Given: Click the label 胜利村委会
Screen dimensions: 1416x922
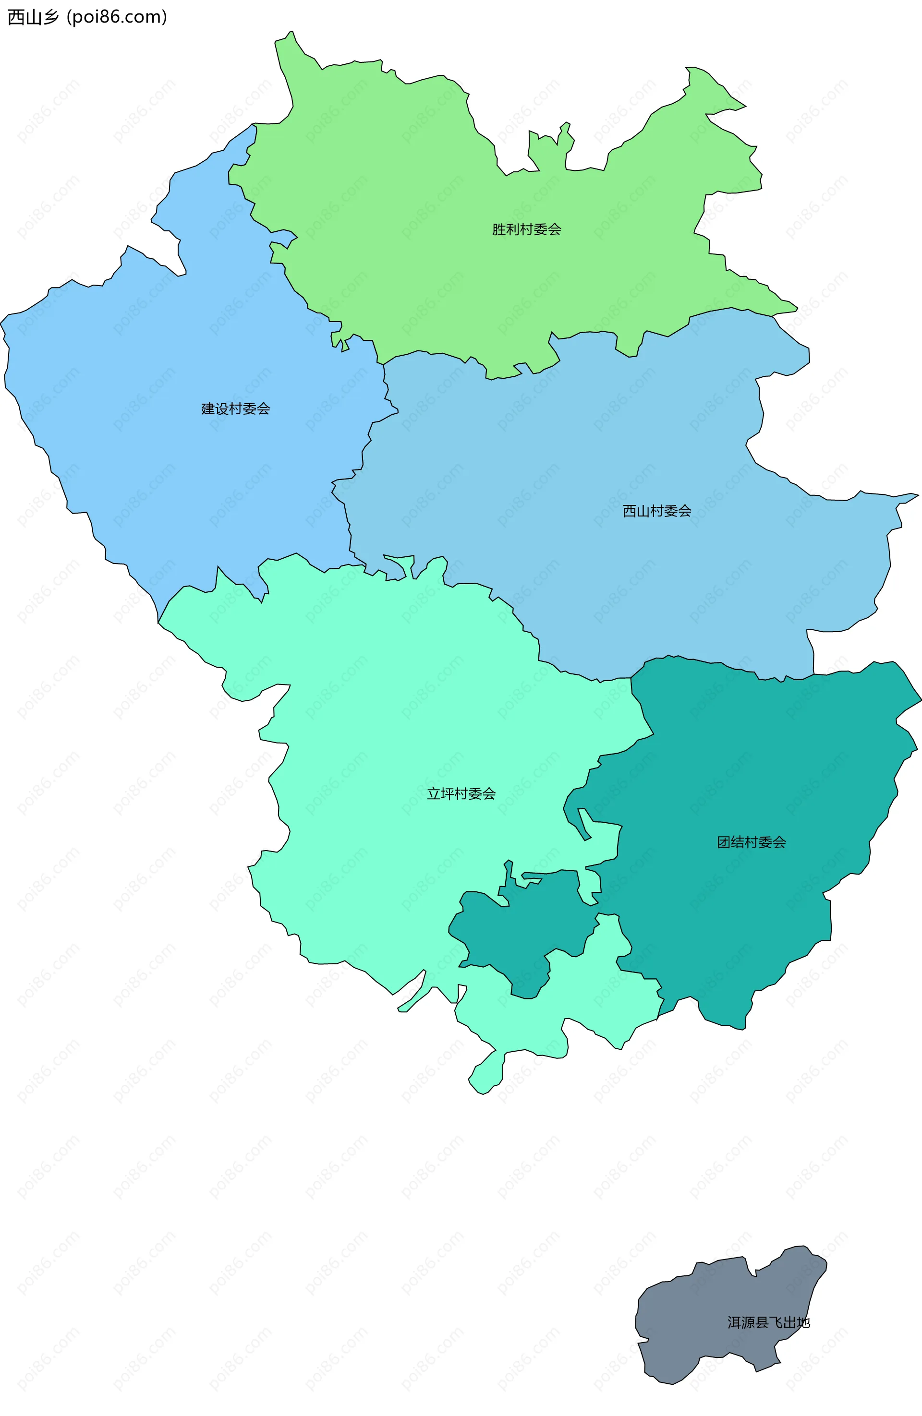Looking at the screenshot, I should pyautogui.click(x=526, y=229).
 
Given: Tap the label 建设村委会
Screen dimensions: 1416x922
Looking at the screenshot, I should pyautogui.click(x=236, y=409).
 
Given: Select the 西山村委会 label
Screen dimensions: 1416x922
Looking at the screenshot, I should pyautogui.click(x=656, y=510).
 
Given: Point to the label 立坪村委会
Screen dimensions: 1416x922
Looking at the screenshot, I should pyautogui.click(x=461, y=793).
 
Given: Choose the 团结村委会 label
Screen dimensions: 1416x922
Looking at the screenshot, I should pyautogui.click(x=751, y=842).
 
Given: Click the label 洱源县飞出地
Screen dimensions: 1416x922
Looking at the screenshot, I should pyautogui.click(x=768, y=1322).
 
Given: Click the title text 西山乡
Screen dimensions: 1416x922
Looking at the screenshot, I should pyautogui.click(x=33, y=17).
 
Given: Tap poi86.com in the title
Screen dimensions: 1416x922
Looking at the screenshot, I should pyautogui.click(x=117, y=17).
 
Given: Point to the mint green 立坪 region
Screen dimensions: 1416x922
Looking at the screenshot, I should pyautogui.click(x=387, y=744).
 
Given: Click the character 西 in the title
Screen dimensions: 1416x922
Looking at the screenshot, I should pyautogui.click(x=16, y=17).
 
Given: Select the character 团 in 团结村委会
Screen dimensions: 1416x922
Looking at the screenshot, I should pyautogui.click(x=724, y=842).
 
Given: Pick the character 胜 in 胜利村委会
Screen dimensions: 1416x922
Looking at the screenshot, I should pyautogui.click(x=499, y=229).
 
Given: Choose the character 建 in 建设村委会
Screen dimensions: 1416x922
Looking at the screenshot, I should pyautogui.click(x=208, y=409).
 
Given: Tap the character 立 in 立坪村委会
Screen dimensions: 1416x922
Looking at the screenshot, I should pyautogui.click(x=434, y=793).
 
